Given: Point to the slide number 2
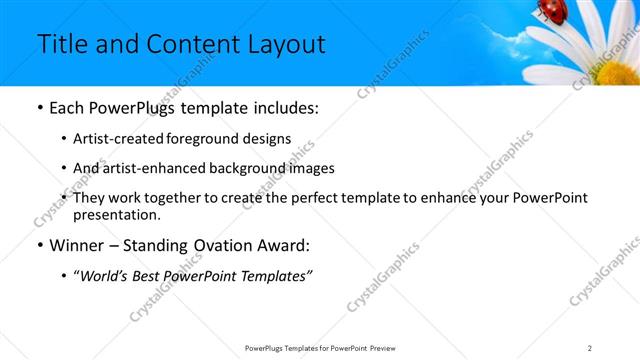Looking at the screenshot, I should click(x=590, y=348).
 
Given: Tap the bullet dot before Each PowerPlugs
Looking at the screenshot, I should click(x=38, y=108).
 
